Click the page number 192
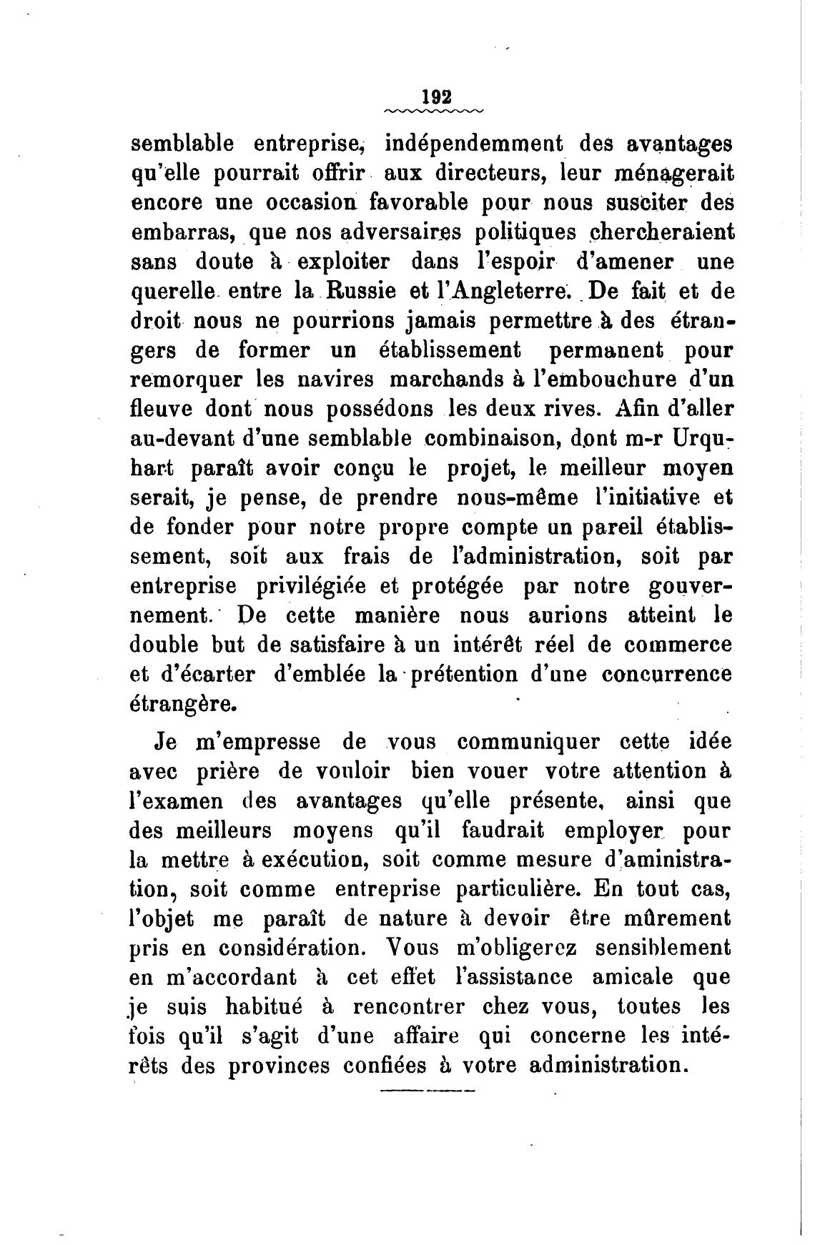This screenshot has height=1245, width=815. [433, 96]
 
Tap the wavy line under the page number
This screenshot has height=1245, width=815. [433, 111]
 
